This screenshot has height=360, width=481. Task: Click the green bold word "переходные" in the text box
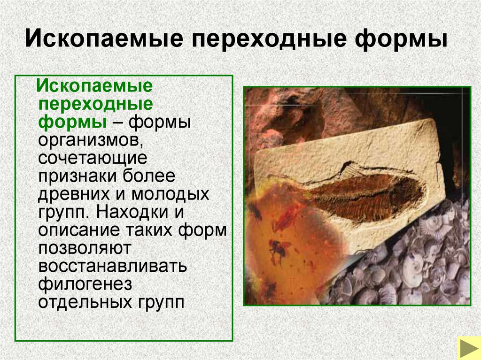95,103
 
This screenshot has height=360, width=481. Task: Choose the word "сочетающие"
93,158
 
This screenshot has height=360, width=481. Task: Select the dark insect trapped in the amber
278,248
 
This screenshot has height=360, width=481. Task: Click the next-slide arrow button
468,348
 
